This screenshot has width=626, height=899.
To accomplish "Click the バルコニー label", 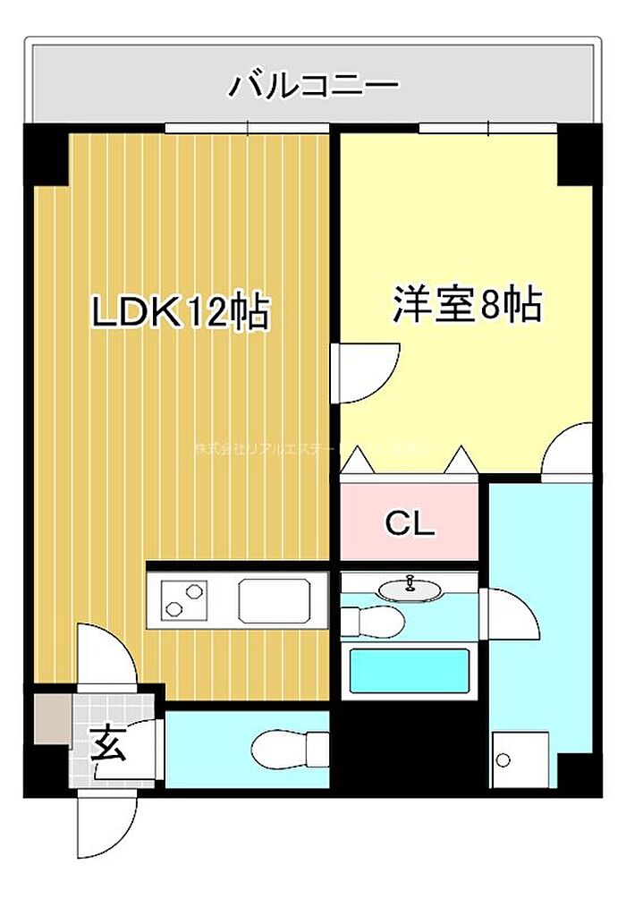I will [313, 86].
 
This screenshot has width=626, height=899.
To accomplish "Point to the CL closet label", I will [410, 524].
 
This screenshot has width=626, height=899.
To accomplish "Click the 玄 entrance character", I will [109, 742].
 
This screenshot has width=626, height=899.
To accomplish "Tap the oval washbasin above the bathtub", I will [410, 589].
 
